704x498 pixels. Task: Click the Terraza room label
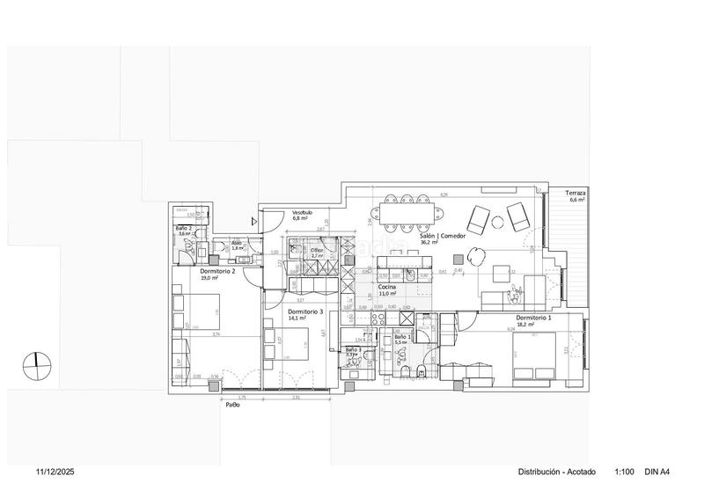click(577, 192)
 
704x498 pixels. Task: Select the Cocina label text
click(387, 287)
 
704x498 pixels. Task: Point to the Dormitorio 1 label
click(534, 317)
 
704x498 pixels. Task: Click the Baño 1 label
click(402, 337)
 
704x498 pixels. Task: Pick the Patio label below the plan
click(233, 406)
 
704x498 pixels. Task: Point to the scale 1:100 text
click(625, 472)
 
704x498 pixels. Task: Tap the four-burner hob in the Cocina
click(379, 319)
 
